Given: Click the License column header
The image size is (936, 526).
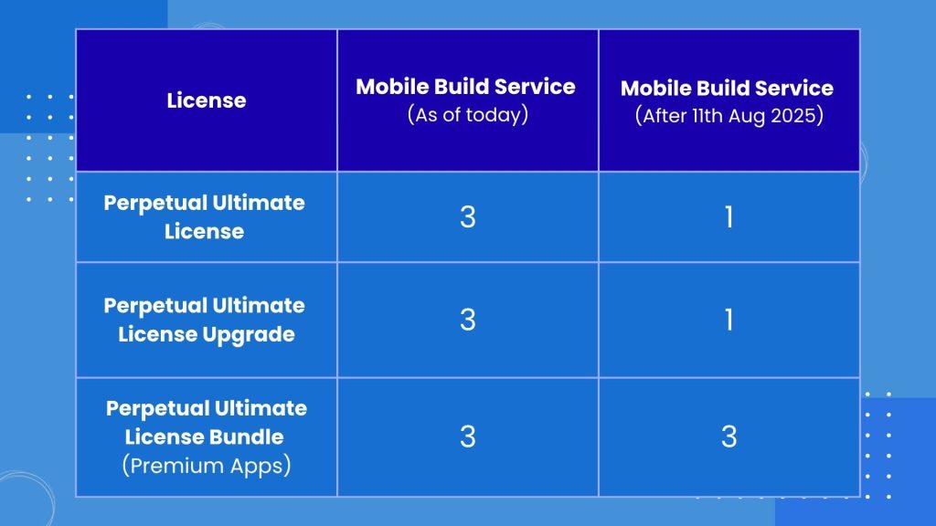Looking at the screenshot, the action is coord(207,100).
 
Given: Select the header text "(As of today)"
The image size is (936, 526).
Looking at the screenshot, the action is coord(468,114).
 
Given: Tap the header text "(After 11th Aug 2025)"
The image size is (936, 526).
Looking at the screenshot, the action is coord(729,115).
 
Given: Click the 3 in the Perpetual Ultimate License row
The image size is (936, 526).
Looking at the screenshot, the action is coord(468,216).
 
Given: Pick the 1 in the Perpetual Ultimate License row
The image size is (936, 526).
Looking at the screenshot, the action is coord(729,216).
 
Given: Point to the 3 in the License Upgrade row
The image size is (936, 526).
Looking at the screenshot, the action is coord(468,320).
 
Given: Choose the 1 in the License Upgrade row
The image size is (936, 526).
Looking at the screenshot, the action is coord(729,320).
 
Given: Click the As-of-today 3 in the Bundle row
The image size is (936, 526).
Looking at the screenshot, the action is coord(468,437).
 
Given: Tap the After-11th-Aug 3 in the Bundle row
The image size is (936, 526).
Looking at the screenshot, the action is coord(729,437).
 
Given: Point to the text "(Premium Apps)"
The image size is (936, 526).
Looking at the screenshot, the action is coord(207,466).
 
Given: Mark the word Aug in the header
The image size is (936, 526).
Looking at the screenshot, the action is coord(746,116).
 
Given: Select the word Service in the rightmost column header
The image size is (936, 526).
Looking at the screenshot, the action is coord(794,89).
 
